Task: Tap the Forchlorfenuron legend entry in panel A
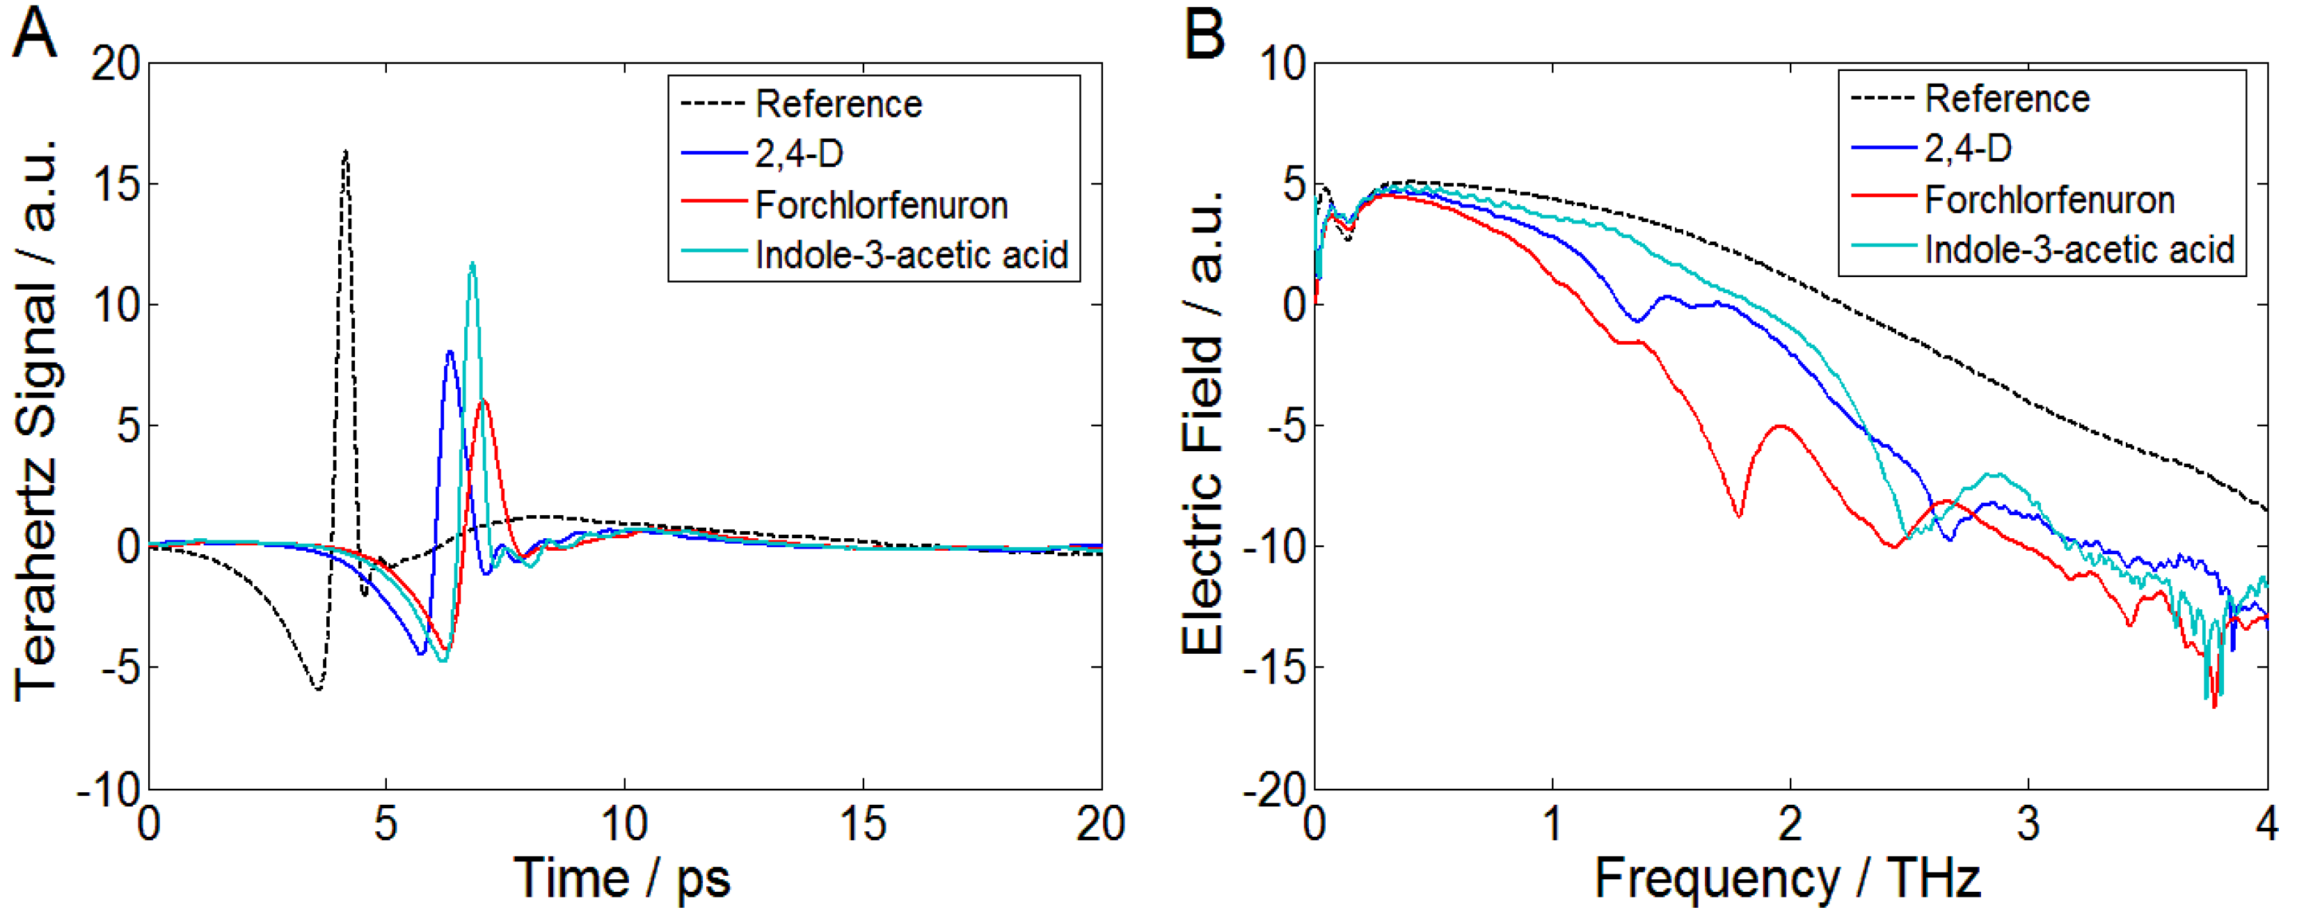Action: pyautogui.click(x=880, y=205)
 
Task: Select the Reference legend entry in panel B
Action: pyautogui.click(x=2006, y=98)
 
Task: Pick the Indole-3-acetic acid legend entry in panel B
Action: pyautogui.click(x=2079, y=250)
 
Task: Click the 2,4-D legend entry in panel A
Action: pyautogui.click(x=798, y=155)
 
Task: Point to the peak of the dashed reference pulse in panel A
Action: pyautogui.click(x=345, y=152)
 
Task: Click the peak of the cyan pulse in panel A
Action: pyautogui.click(x=472, y=263)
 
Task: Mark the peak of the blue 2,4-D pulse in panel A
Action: pyautogui.click(x=450, y=352)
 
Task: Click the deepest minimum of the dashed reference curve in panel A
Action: pyautogui.click(x=317, y=688)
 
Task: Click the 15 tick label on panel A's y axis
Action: pyautogui.click(x=116, y=184)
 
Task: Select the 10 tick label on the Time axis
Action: pyautogui.click(x=623, y=823)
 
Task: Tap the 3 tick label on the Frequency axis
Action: pyautogui.click(x=2028, y=823)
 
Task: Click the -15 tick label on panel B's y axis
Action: pyautogui.click(x=1273, y=668)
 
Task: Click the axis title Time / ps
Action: pyautogui.click(x=621, y=878)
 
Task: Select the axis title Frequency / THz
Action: pyautogui.click(x=1787, y=878)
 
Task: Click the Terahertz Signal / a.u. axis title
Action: pyautogui.click(x=35, y=419)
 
